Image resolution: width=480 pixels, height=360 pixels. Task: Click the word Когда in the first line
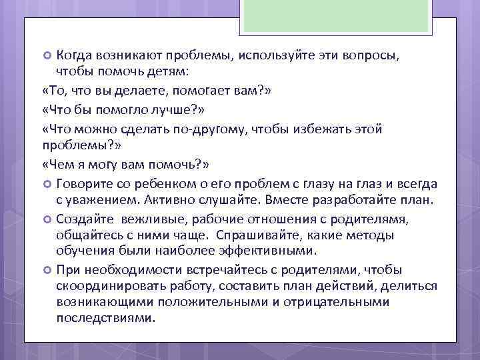75,55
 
